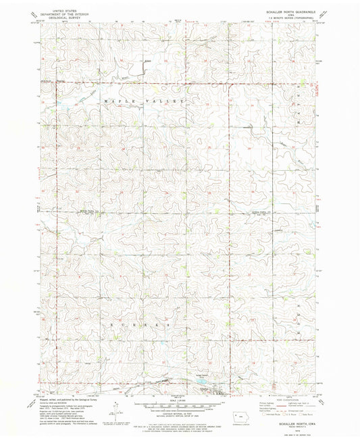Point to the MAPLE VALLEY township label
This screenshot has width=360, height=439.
[145, 101]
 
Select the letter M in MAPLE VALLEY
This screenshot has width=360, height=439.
[107, 101]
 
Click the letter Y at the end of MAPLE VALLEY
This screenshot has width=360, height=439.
[182, 101]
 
